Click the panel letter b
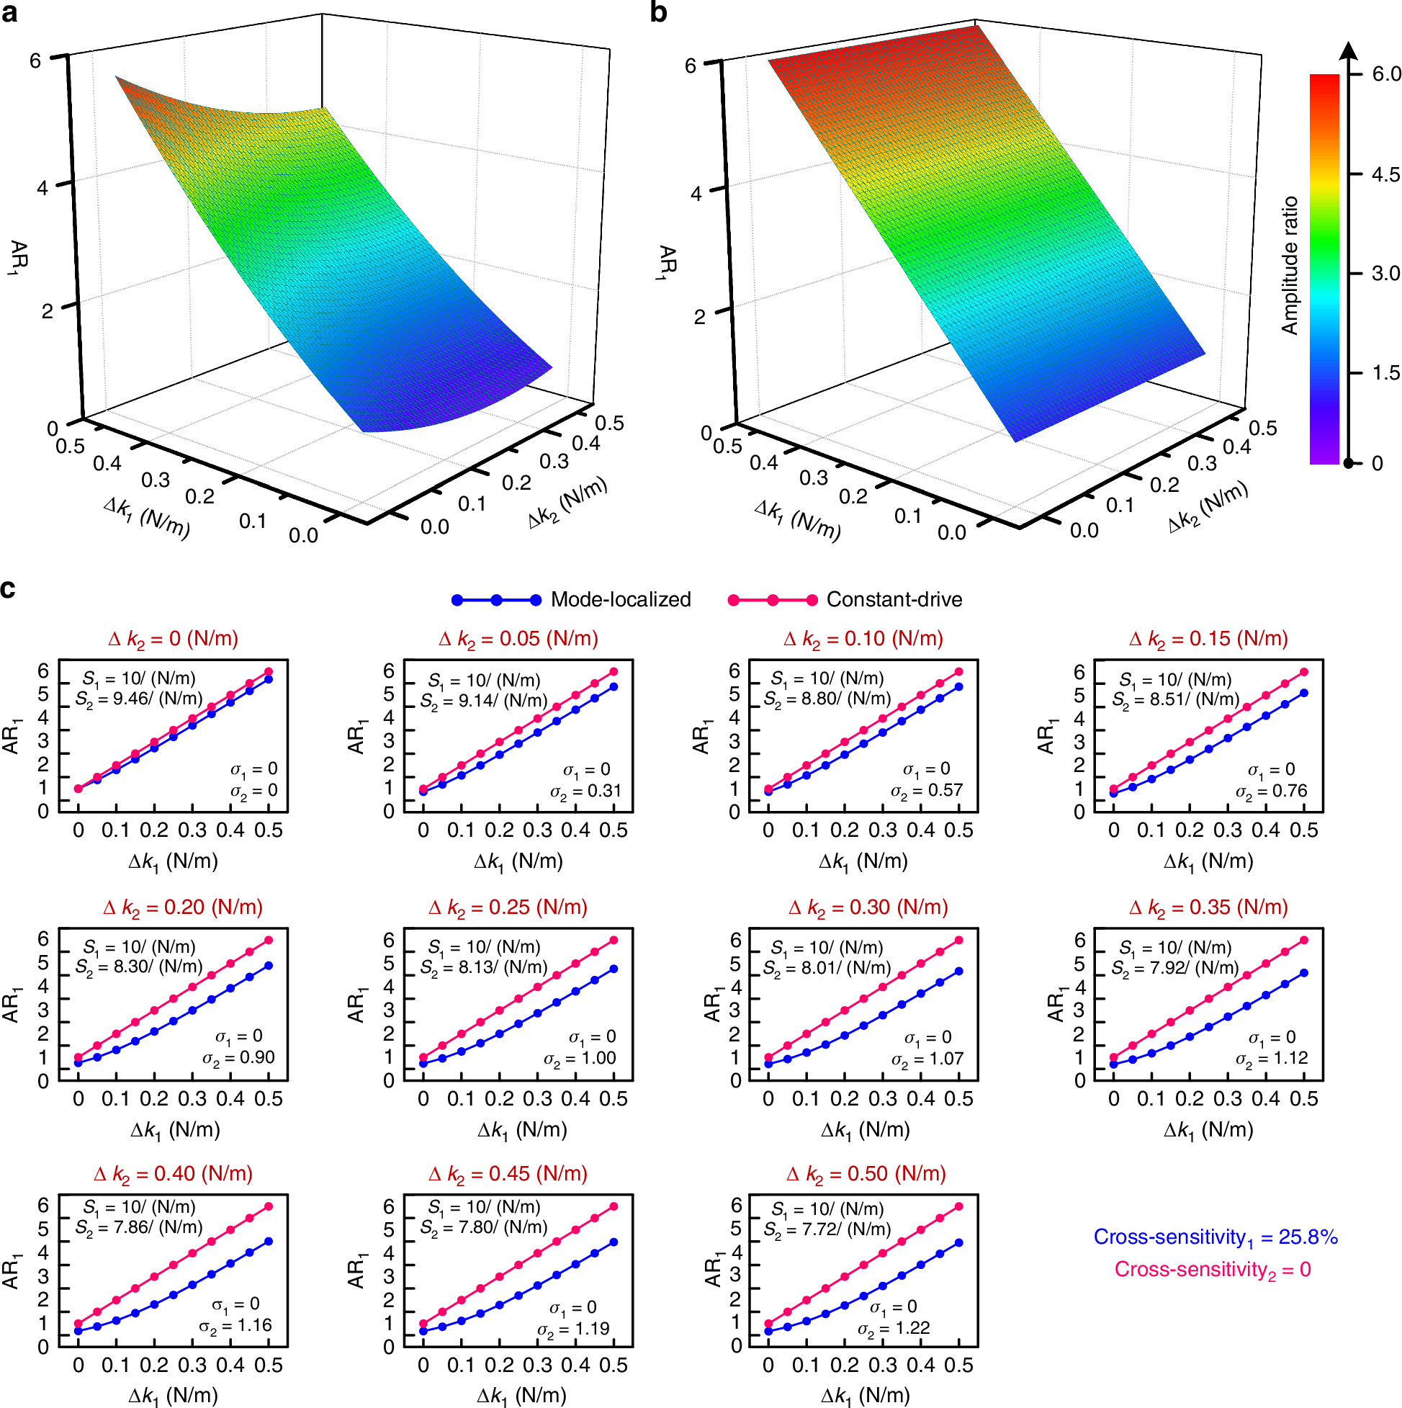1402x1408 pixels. pos(658,12)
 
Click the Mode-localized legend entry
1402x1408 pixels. pos(620,600)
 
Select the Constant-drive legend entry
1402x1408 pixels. pos(894,600)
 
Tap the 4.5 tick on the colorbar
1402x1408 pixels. pos(1384,174)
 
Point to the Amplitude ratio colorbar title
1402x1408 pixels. pos(1290,265)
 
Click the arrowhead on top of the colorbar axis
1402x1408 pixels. pos(1349,50)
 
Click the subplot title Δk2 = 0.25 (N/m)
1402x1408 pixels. pos(508,907)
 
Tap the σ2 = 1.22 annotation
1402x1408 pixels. pos(894,1329)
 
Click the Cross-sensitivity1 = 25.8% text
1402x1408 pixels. pos(1215,1237)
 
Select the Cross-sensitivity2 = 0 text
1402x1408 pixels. pos(1212,1270)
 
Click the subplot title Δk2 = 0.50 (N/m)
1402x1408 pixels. pos(866,1174)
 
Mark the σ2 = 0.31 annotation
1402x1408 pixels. pos(585,792)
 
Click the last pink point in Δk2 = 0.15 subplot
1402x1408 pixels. pos(1303,672)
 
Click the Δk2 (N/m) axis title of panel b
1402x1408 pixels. pos(1208,506)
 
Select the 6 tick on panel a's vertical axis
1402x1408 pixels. pos(35,60)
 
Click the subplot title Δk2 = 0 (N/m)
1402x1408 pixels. pos(173,639)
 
